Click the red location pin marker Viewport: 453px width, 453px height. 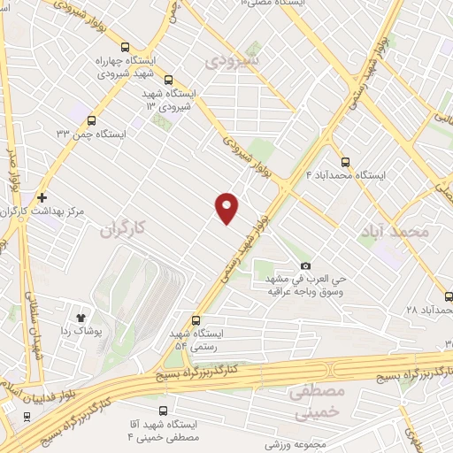coord(227,207)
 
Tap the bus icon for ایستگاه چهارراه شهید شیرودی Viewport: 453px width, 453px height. coord(125,50)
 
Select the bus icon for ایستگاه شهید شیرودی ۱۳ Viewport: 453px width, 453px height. coord(150,106)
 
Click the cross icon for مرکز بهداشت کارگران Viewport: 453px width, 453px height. coord(41,197)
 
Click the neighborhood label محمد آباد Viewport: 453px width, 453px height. coord(395,232)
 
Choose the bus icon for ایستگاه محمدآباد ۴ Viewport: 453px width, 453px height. coord(345,161)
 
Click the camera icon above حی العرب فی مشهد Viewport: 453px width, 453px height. coord(306,265)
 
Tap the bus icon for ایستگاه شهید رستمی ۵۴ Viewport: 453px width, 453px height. coord(196,320)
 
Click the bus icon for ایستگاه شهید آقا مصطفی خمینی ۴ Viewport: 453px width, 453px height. coord(164,410)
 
